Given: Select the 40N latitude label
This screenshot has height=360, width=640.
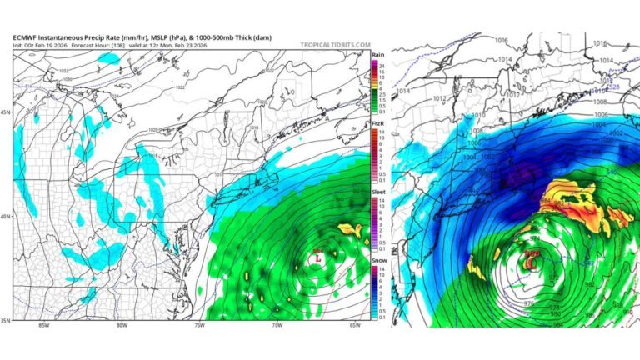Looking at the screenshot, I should point(7,217).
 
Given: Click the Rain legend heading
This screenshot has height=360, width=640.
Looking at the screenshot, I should point(377,54).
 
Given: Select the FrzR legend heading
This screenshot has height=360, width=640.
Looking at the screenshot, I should point(377,123).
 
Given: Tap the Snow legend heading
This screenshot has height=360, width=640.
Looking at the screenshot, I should point(377,260).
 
